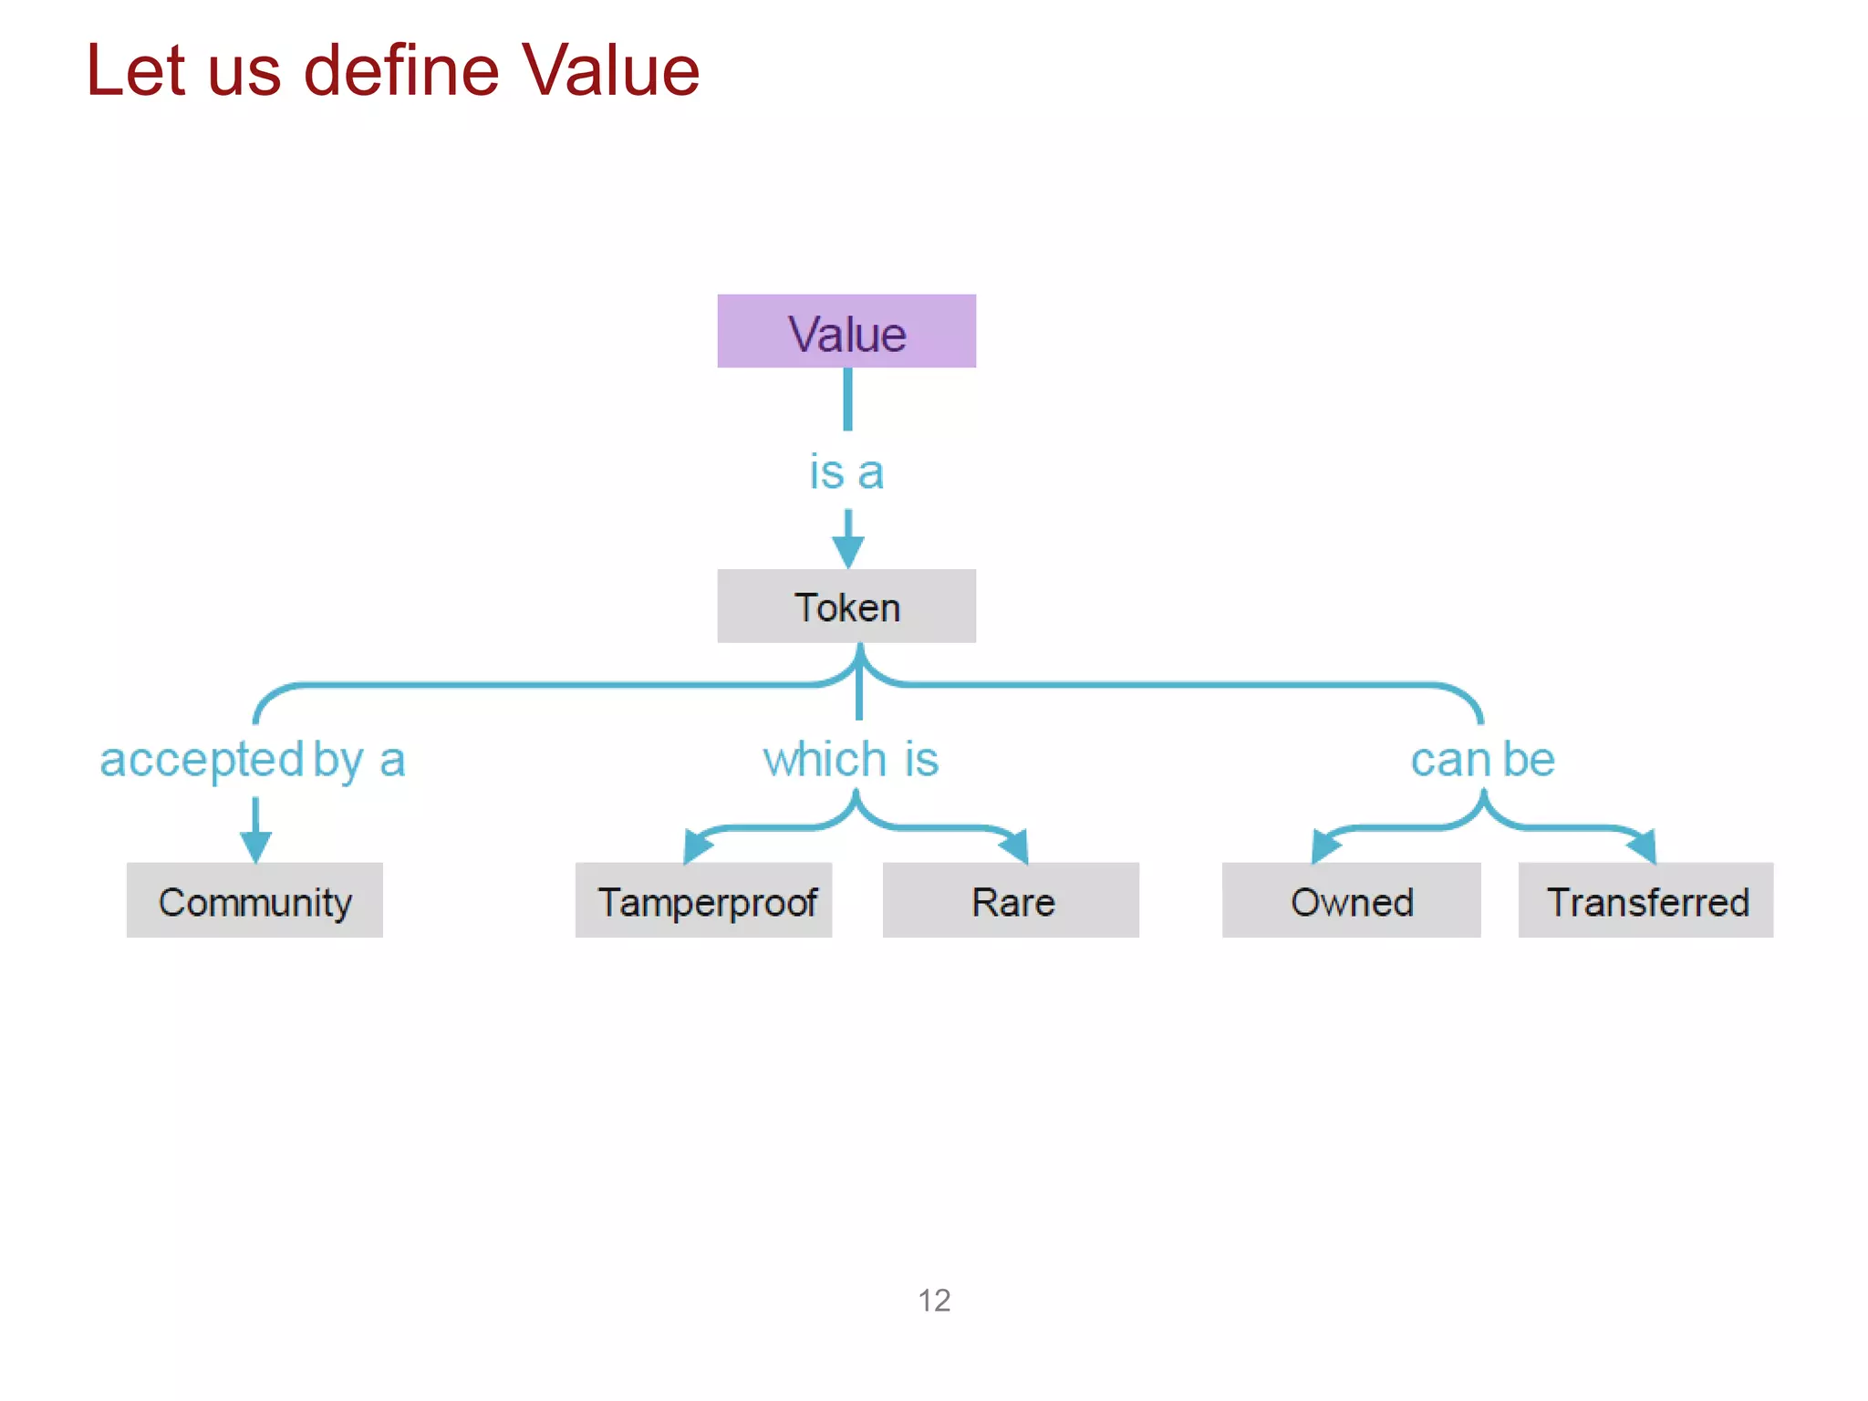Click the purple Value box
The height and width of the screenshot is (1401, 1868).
[x=846, y=331]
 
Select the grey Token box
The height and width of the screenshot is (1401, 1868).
[x=846, y=607]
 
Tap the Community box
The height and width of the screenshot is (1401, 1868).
[x=254, y=900]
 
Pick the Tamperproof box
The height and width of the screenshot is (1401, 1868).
[x=703, y=900]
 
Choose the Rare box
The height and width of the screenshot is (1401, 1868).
[x=1011, y=900]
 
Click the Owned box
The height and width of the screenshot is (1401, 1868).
[x=1351, y=900]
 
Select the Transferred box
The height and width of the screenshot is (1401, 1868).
[x=1645, y=900]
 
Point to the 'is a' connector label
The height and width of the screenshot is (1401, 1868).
[x=846, y=472]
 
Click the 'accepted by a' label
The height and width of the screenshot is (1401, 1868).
[x=252, y=759]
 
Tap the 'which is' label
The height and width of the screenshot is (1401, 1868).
[x=850, y=759]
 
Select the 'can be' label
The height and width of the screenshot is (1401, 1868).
[x=1482, y=759]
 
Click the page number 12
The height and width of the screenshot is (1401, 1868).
[x=934, y=1300]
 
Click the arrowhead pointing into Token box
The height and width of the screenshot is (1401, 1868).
[x=847, y=551]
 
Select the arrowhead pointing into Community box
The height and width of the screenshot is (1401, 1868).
[x=255, y=846]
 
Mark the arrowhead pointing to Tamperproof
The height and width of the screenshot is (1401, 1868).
[x=697, y=846]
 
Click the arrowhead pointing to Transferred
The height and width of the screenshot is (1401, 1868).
[x=1644, y=846]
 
